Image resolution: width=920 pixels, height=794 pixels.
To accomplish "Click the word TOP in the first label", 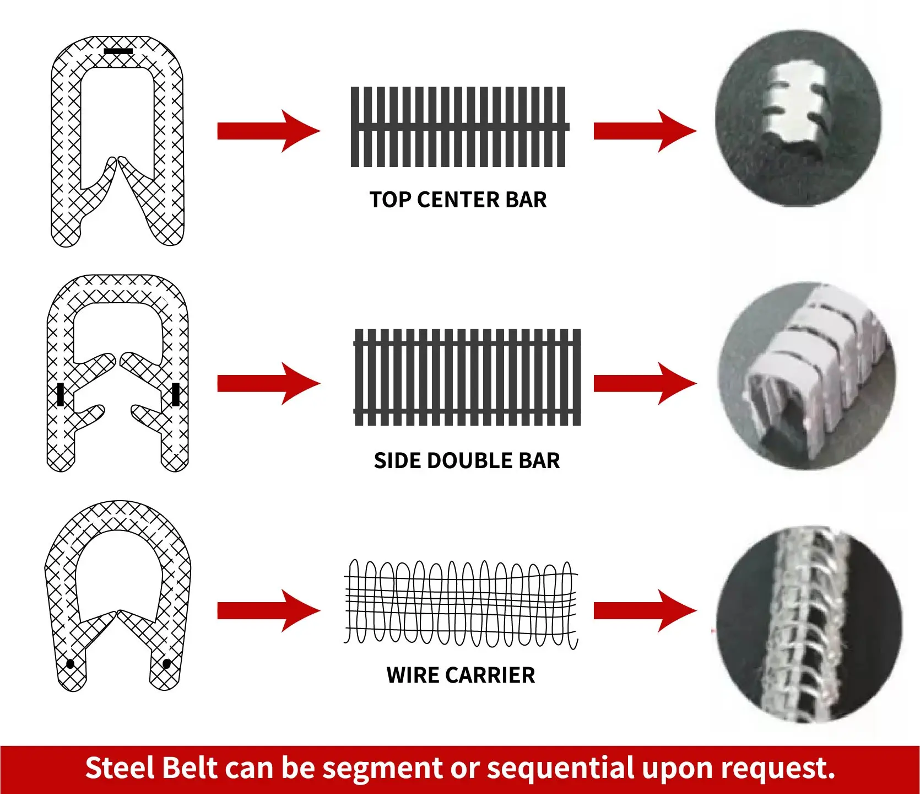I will click(391, 200).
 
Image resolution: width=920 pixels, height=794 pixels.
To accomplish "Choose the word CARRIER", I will click(490, 675).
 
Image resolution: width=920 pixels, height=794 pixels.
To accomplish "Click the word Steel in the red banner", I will click(120, 768).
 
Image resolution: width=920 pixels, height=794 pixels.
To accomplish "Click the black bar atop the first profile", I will click(118, 51).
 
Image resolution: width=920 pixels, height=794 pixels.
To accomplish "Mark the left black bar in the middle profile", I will click(61, 394).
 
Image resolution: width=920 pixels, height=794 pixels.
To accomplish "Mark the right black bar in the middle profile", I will click(176, 394).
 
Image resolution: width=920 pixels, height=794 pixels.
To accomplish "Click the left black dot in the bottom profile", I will click(70, 664).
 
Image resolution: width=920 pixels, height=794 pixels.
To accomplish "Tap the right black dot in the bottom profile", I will click(167, 663).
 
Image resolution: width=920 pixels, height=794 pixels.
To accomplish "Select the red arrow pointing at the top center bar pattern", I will click(268, 131).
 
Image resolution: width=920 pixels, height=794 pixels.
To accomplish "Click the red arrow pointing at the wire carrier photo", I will click(645, 610).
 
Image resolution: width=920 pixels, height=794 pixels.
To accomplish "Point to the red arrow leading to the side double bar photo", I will click(645, 383).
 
